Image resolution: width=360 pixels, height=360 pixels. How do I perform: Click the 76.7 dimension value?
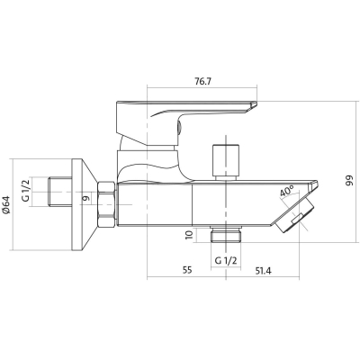pyautogui.click(x=202, y=82)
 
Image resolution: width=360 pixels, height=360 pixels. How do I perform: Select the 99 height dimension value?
pyautogui.click(x=350, y=181)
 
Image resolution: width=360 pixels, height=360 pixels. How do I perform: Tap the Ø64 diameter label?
pyautogui.click(x=6, y=205)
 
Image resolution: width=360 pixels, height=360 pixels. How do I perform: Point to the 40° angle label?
pyautogui.click(x=287, y=192)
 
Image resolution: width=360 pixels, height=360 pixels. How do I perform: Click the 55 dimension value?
pyautogui.click(x=187, y=270)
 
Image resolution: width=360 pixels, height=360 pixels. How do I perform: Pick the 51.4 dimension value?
pyautogui.click(x=263, y=271)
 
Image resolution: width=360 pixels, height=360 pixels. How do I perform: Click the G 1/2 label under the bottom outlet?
pyautogui.click(x=226, y=260)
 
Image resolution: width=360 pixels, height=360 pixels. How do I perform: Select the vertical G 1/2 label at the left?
pyautogui.click(x=26, y=190)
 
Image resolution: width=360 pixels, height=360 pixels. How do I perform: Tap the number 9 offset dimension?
pyautogui.click(x=85, y=198)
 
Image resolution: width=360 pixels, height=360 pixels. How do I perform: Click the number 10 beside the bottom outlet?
pyautogui.click(x=189, y=234)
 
